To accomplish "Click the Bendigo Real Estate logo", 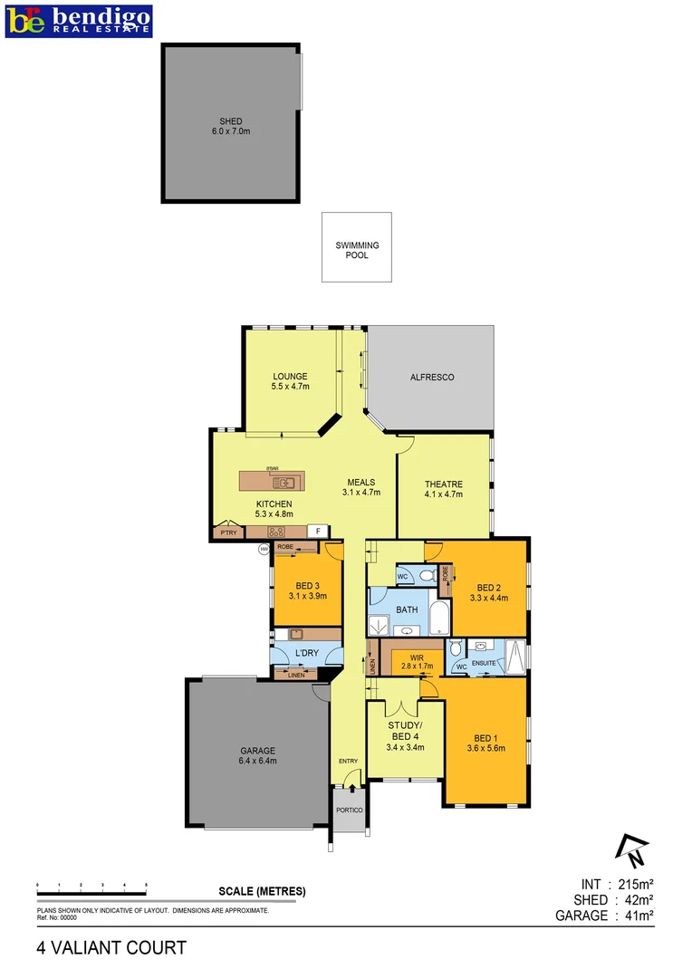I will click(79, 20).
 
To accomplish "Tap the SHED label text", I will click(230, 121).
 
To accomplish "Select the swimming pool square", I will click(357, 246).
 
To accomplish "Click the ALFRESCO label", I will click(431, 377).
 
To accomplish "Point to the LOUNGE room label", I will click(290, 377).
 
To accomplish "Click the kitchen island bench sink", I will click(284, 482).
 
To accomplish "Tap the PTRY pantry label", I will click(227, 533).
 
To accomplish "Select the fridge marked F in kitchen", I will click(318, 532).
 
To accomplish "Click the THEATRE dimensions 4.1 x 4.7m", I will click(443, 494).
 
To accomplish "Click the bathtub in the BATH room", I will click(438, 618).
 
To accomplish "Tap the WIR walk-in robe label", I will click(416, 656).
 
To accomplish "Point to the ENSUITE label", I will click(484, 663).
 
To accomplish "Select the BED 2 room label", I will click(488, 587).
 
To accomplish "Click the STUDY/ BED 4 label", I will click(405, 731).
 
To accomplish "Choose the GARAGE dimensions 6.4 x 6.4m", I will click(257, 761).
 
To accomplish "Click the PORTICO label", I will click(349, 810).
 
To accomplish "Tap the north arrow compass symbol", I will click(631, 849).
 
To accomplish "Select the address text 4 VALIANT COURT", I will click(111, 948).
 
